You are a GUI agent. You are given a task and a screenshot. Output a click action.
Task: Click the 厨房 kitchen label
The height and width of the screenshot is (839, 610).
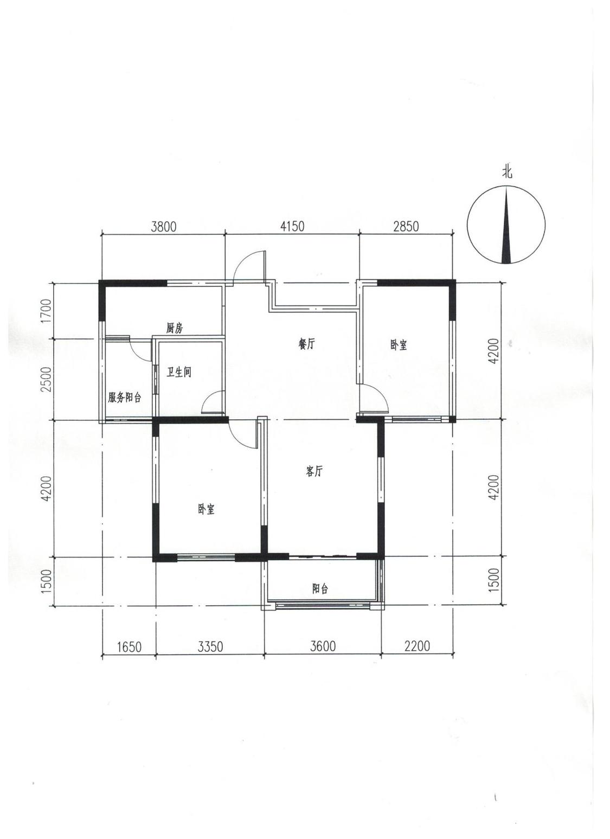pos(175,329)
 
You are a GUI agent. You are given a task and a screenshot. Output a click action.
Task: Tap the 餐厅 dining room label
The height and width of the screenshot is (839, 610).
pos(306,343)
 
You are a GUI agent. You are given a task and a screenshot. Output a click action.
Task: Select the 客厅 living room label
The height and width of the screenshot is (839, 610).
pos(314,471)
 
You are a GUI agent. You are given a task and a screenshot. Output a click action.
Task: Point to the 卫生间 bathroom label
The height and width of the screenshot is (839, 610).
pos(179,372)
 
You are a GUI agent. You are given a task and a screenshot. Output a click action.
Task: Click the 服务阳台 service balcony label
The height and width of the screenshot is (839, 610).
pos(125,398)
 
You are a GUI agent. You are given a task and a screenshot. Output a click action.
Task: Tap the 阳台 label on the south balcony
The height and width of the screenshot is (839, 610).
pos(320,589)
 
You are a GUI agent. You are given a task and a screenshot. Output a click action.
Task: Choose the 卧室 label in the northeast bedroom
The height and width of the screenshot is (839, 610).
pos(399,345)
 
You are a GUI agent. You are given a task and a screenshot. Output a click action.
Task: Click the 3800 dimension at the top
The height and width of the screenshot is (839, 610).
pos(163,227)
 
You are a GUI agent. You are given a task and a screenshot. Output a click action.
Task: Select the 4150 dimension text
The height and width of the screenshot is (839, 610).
pos(292,226)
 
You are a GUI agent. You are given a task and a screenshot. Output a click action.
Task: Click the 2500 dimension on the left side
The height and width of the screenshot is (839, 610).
pos(46,379)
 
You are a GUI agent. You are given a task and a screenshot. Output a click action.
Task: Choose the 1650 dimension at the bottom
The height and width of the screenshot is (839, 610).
pos(129,646)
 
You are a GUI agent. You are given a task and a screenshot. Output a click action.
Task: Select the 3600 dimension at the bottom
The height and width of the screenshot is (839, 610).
pos(323,646)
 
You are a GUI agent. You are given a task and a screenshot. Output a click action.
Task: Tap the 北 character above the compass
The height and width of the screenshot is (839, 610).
pos(508,172)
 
